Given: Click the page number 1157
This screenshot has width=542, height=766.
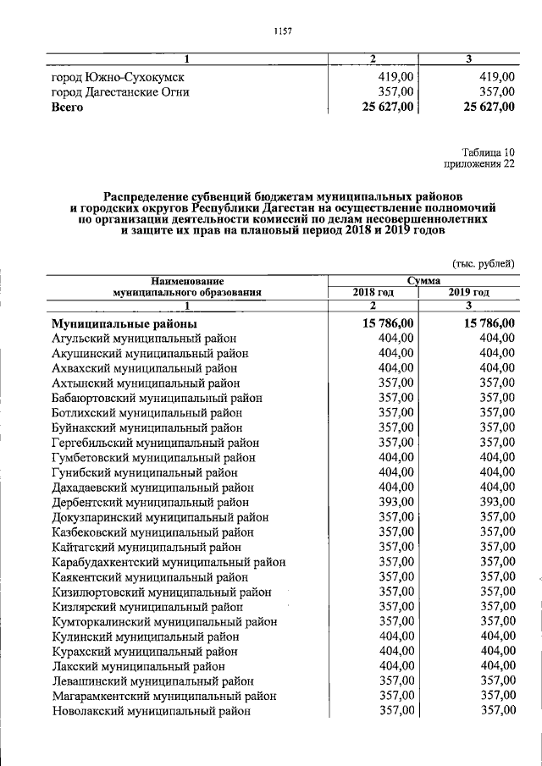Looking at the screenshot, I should click(x=283, y=31).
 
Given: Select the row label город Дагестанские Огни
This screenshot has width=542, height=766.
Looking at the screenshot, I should click(x=119, y=92).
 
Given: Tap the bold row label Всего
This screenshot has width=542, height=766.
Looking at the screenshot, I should click(x=68, y=107).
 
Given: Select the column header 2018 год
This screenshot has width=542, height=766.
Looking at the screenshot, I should click(x=373, y=293).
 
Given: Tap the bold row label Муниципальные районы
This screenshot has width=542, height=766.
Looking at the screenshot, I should click(x=124, y=323).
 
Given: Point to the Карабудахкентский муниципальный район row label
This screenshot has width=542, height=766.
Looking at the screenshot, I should click(x=168, y=561).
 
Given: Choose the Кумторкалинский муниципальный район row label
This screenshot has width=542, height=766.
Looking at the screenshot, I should click(x=164, y=621).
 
